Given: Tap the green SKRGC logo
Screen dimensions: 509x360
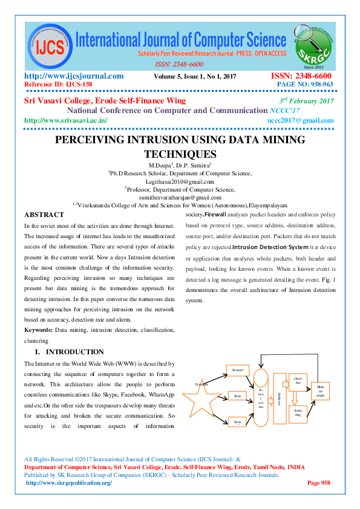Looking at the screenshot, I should (x=313, y=41).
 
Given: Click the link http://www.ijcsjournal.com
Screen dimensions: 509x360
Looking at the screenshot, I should (x=74, y=76).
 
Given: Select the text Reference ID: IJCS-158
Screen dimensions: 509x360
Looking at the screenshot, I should (x=57, y=85).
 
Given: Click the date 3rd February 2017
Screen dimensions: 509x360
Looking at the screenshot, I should (x=307, y=101).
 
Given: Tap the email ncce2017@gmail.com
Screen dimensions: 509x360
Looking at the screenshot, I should (x=300, y=120).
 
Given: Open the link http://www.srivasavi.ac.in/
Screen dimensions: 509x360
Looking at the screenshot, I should (x=65, y=120).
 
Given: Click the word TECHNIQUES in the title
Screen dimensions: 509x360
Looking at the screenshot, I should (x=180, y=154).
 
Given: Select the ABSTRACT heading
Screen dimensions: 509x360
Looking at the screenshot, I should (x=44, y=215).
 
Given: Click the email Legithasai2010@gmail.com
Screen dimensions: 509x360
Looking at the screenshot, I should (x=180, y=181).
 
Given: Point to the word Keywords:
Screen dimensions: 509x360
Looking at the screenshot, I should (x=38, y=330).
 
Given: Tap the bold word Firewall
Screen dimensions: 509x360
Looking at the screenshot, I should (x=215, y=215).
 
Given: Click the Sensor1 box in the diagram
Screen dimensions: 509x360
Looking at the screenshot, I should (x=237, y=369).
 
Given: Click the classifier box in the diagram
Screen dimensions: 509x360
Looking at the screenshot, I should (x=298, y=381).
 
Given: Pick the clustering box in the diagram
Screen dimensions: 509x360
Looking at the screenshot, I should (x=298, y=413).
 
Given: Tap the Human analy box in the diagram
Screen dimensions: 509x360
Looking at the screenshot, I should (x=320, y=391).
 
